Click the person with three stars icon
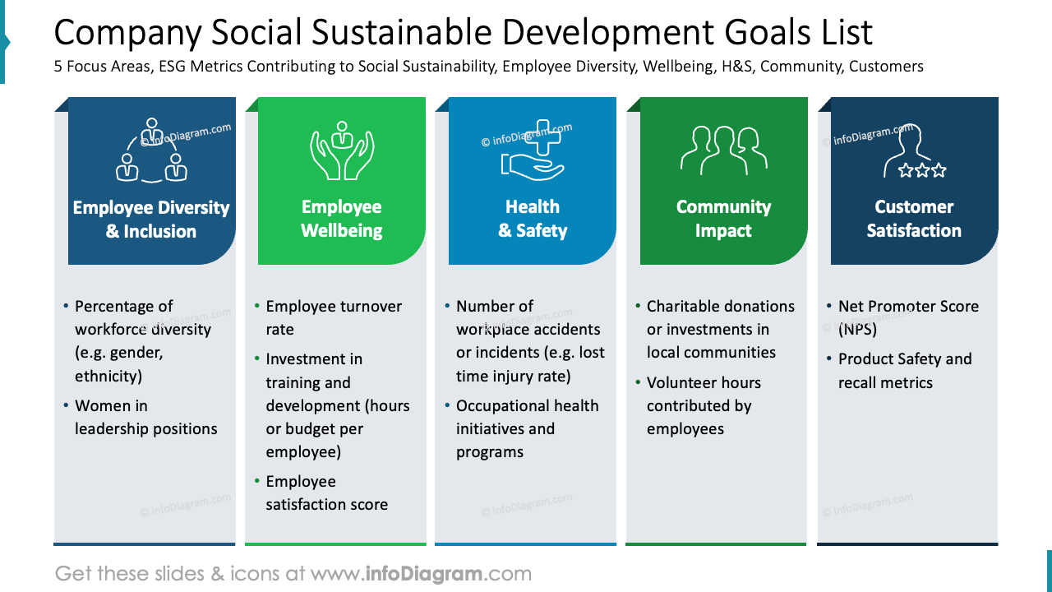914,152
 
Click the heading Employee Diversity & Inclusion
151,220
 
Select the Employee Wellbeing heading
342,219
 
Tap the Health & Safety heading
532,219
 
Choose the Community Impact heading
723,219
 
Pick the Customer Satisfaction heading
914,219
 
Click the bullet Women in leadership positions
145,417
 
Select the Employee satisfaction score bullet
326,493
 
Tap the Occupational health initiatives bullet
527,428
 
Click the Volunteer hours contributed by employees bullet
704,405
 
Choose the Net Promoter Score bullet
907,317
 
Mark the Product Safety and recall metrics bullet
904,370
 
